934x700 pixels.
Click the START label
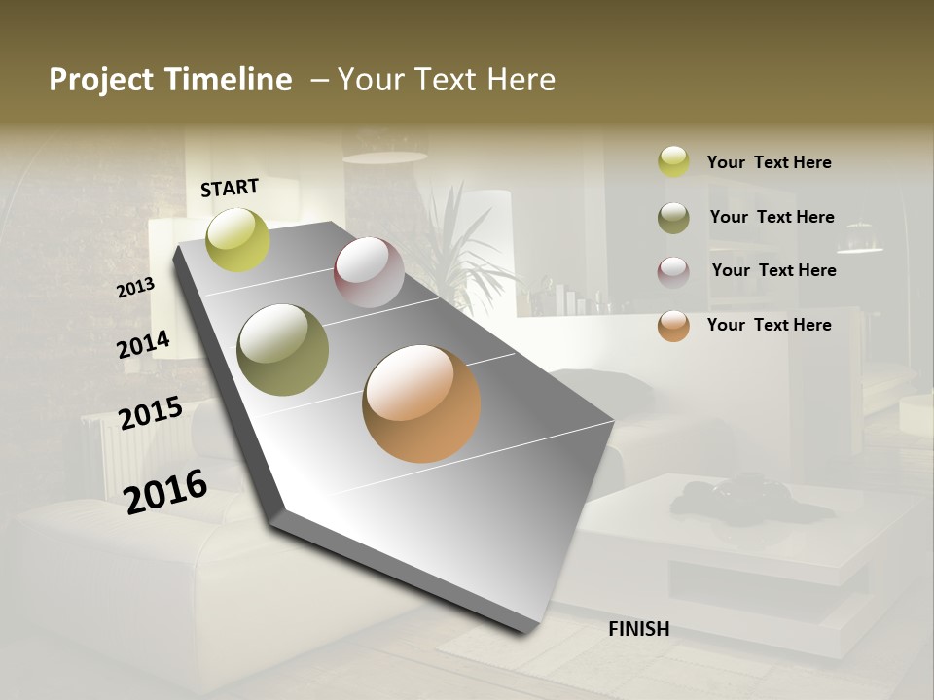(x=230, y=188)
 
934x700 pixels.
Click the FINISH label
(x=638, y=629)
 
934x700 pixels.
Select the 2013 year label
(x=135, y=288)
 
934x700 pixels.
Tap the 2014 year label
(x=143, y=345)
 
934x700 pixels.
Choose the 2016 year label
(x=165, y=490)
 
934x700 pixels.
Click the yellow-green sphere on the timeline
(x=237, y=239)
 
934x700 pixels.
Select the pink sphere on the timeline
(x=369, y=272)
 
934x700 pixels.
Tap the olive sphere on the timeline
(x=282, y=350)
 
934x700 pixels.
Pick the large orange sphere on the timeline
(x=421, y=403)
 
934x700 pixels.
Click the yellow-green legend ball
(x=673, y=161)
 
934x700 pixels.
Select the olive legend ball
(x=673, y=218)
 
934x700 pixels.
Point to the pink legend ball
(x=673, y=272)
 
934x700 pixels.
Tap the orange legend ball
(x=673, y=326)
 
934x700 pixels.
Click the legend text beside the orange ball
(x=769, y=325)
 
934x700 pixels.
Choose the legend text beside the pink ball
(x=773, y=270)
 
